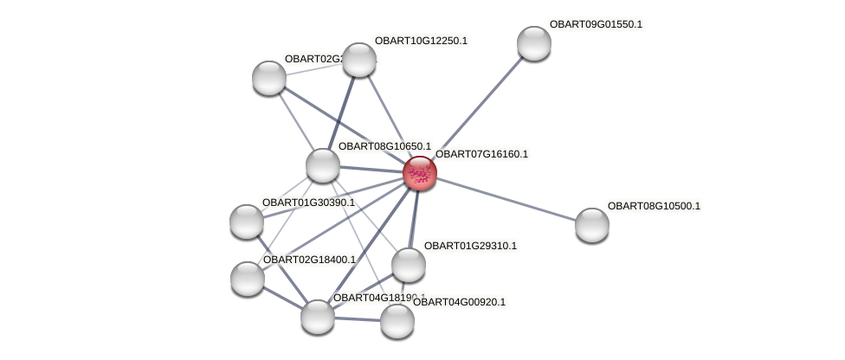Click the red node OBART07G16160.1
pos(420,173)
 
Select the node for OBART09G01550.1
pos(533,43)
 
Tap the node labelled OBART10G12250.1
pos(359,60)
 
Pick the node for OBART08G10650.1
pos(323,165)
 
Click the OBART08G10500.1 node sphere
pos(592,225)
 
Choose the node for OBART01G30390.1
pos(247,222)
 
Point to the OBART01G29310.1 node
pos(409,265)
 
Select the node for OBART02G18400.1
pos(248,279)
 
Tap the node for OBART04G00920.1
pos(397,321)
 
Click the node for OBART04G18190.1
pos(318,316)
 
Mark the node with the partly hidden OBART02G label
pos(269,78)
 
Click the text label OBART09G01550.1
pos(596,24)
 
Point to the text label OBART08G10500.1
pos(654,206)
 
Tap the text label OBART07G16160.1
pos(481,154)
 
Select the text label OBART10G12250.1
pos(421,41)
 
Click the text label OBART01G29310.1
pos(470,246)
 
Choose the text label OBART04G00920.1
pos(459,302)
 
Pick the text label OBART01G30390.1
pos(308,202)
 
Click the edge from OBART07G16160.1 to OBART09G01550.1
pos(477,108)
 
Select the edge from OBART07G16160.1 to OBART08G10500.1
pos(506,199)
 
